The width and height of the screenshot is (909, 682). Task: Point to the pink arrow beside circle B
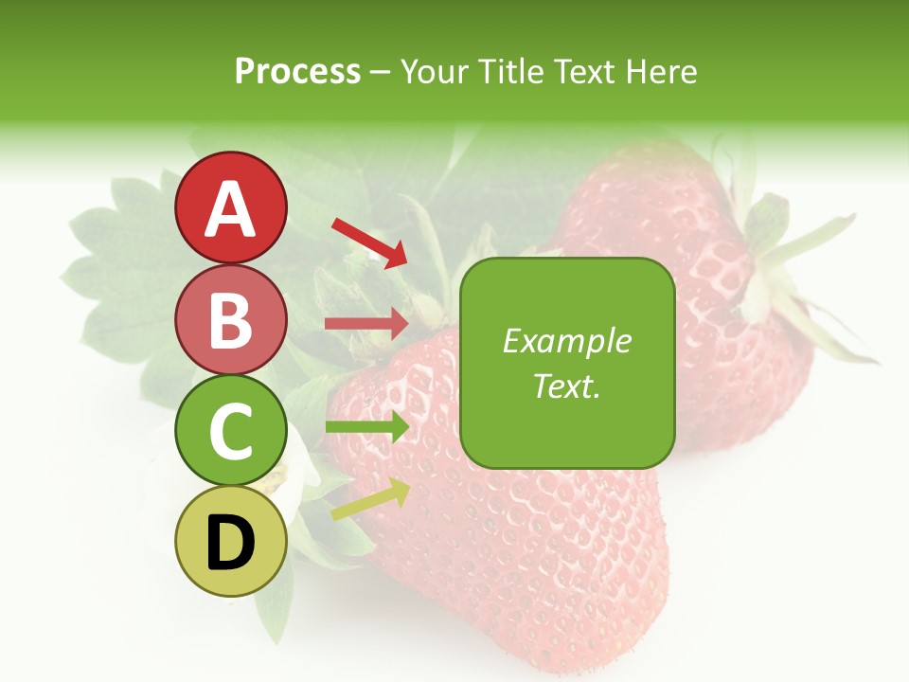click(x=366, y=324)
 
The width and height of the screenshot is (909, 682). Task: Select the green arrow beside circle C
click(x=366, y=427)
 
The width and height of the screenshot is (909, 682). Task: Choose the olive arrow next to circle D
click(x=369, y=499)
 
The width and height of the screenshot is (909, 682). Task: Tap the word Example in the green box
click(x=566, y=341)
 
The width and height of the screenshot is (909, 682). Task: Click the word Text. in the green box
click(x=566, y=386)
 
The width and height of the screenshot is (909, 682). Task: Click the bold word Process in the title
click(x=297, y=71)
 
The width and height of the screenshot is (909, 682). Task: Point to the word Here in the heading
click(x=662, y=71)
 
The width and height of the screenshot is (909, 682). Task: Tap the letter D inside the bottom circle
click(x=230, y=544)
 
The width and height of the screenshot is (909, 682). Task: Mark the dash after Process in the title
click(x=380, y=72)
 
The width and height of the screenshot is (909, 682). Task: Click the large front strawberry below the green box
click(x=511, y=559)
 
